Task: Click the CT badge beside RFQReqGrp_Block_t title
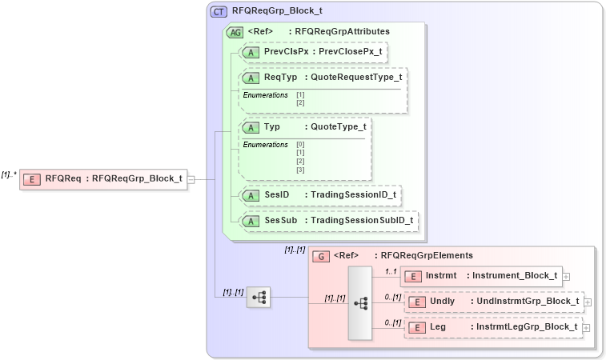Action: pos(219,12)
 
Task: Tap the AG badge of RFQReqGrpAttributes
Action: pos(235,32)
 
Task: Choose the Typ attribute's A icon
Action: pos(251,127)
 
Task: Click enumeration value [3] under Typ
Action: pos(300,170)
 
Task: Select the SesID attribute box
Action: pos(320,195)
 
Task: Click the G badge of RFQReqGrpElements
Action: pos(321,256)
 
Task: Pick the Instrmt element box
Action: pos(481,276)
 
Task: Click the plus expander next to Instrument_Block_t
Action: pos(567,276)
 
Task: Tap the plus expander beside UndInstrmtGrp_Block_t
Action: pos(588,302)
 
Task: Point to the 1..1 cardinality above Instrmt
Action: pos(391,271)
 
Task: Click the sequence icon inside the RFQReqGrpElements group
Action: pos(360,302)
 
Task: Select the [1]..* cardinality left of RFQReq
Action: pos(9,174)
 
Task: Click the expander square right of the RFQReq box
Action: pos(191,178)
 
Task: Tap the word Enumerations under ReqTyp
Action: pos(265,94)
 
